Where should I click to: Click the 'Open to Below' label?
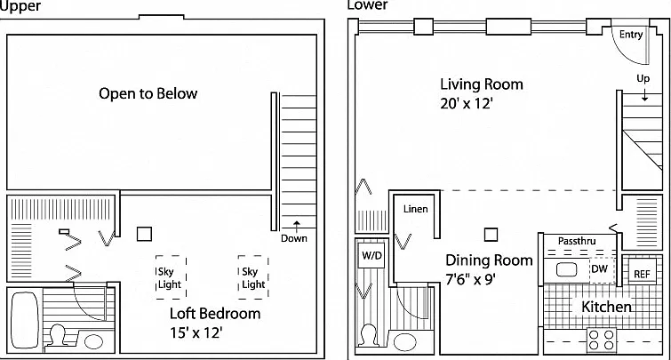[148, 93]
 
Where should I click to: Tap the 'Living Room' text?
[482, 84]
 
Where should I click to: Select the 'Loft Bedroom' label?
[215, 314]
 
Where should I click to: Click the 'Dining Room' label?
[489, 260]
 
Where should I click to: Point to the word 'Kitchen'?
[606, 307]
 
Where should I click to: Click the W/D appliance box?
[371, 256]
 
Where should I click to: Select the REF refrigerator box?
[642, 272]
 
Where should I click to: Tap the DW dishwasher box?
[602, 269]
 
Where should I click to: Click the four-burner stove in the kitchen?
[602, 340]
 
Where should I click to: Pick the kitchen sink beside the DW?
[566, 269]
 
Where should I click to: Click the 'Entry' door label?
[631, 35]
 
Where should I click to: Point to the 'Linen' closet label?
[416, 209]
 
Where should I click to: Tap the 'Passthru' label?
[577, 241]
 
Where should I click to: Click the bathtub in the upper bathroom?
[24, 319]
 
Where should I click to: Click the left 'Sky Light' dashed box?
[171, 277]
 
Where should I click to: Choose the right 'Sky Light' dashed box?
[253, 277]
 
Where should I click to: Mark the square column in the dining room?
[491, 235]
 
